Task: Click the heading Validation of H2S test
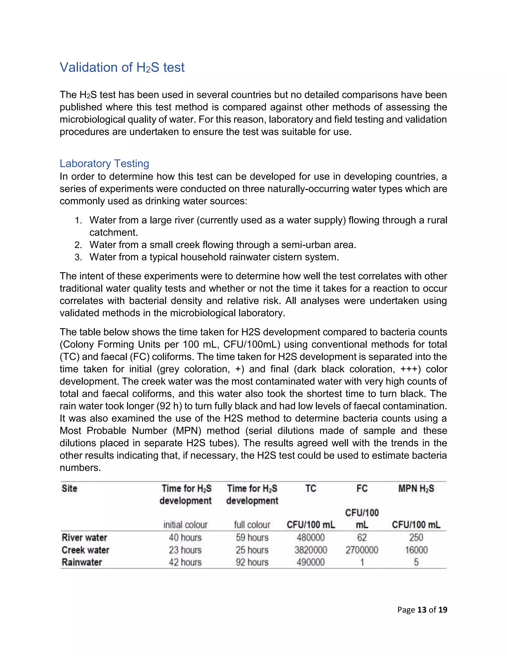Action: click(x=122, y=67)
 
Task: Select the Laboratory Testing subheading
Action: click(x=104, y=163)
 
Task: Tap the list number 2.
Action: click(x=78, y=245)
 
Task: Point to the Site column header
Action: click(x=69, y=488)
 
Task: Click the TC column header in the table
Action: click(x=311, y=488)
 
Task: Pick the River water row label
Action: click(x=84, y=537)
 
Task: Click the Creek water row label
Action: click(x=85, y=550)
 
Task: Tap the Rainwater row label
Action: click(x=82, y=562)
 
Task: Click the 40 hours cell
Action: click(x=185, y=537)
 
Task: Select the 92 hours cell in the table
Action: click(x=252, y=562)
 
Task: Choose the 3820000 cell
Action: click(x=311, y=550)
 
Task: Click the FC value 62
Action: click(x=362, y=537)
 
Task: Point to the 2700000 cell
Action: click(x=362, y=550)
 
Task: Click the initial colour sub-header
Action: click(x=185, y=525)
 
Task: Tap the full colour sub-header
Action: click(x=252, y=525)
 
